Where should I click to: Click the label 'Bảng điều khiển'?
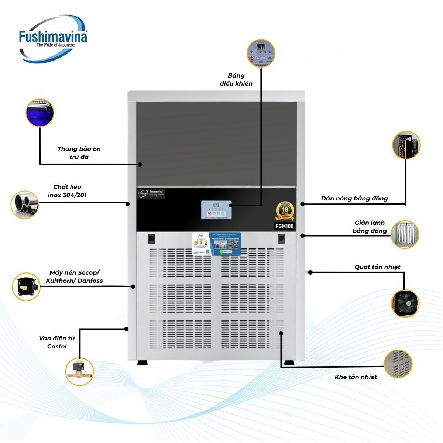236,79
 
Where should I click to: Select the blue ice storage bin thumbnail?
40,113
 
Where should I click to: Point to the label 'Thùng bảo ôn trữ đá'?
79,153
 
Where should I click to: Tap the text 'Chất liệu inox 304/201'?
67,191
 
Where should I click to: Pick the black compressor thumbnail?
26,286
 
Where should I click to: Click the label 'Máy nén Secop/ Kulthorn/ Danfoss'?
74,277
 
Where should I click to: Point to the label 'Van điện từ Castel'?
57,342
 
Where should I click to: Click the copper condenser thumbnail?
406,145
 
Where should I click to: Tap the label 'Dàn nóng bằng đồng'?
354,199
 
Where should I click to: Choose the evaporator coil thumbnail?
405,234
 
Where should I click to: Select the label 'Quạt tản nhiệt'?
377,267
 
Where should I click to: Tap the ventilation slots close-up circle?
398,364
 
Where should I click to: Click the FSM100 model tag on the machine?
285,226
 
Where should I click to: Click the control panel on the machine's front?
216,210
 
